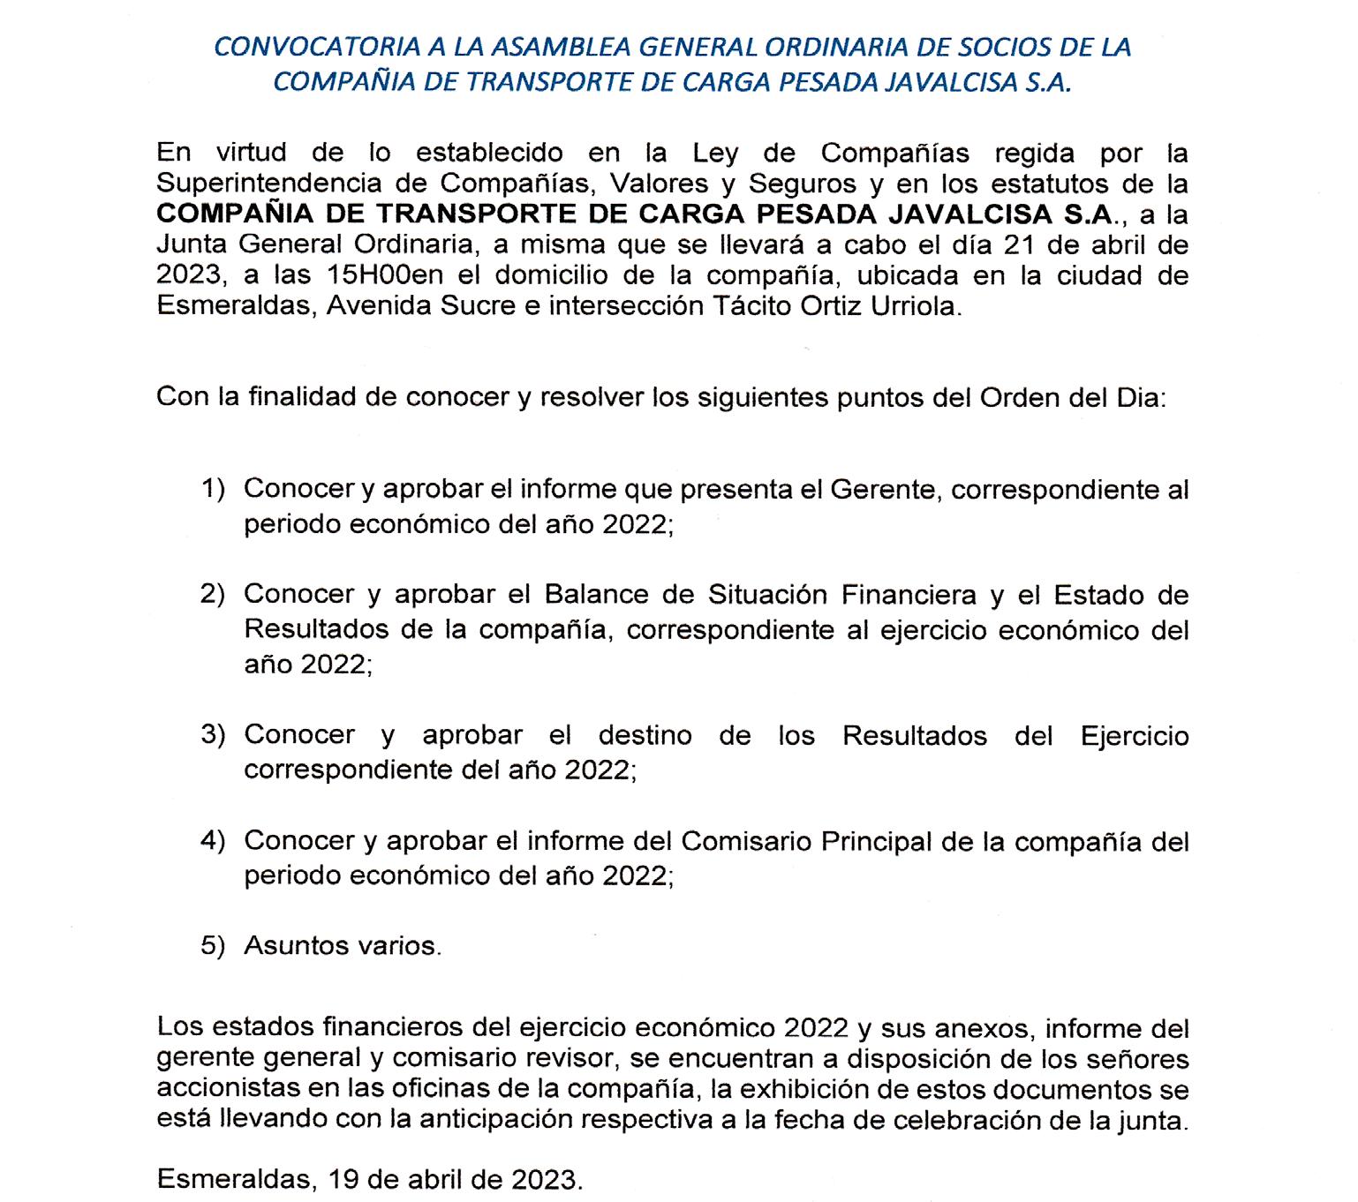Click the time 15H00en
(x=384, y=275)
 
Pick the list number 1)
(x=213, y=488)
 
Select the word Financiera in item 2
(x=909, y=594)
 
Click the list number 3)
(x=213, y=734)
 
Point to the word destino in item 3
(x=645, y=734)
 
